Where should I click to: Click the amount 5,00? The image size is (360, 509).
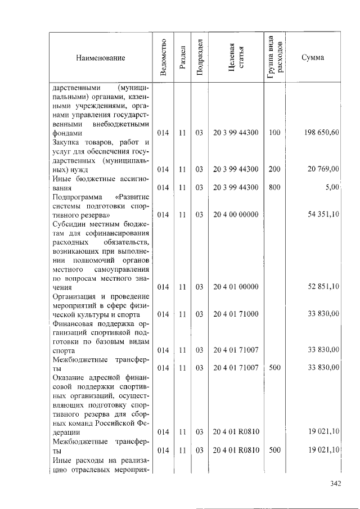[x=332, y=187]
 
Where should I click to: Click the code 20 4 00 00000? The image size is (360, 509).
[x=236, y=214]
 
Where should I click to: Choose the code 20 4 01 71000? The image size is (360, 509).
[x=236, y=313]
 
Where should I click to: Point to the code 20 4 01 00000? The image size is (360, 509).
[x=236, y=286]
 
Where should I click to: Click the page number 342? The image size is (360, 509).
[x=336, y=483]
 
